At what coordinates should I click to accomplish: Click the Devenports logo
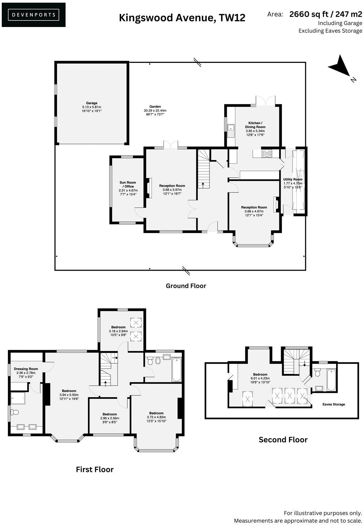coord(33,15)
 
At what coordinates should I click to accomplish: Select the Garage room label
coord(91,107)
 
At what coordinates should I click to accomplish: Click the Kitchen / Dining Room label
coord(255,129)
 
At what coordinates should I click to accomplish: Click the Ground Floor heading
coord(186,286)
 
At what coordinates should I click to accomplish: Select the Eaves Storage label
coord(334,404)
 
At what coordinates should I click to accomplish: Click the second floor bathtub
coord(331,380)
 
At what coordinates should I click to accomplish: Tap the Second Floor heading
coord(283,440)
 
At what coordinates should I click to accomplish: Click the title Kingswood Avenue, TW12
coord(182,17)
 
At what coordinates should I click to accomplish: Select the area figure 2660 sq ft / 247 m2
coord(325,14)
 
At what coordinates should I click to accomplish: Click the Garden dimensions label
coord(155,111)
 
